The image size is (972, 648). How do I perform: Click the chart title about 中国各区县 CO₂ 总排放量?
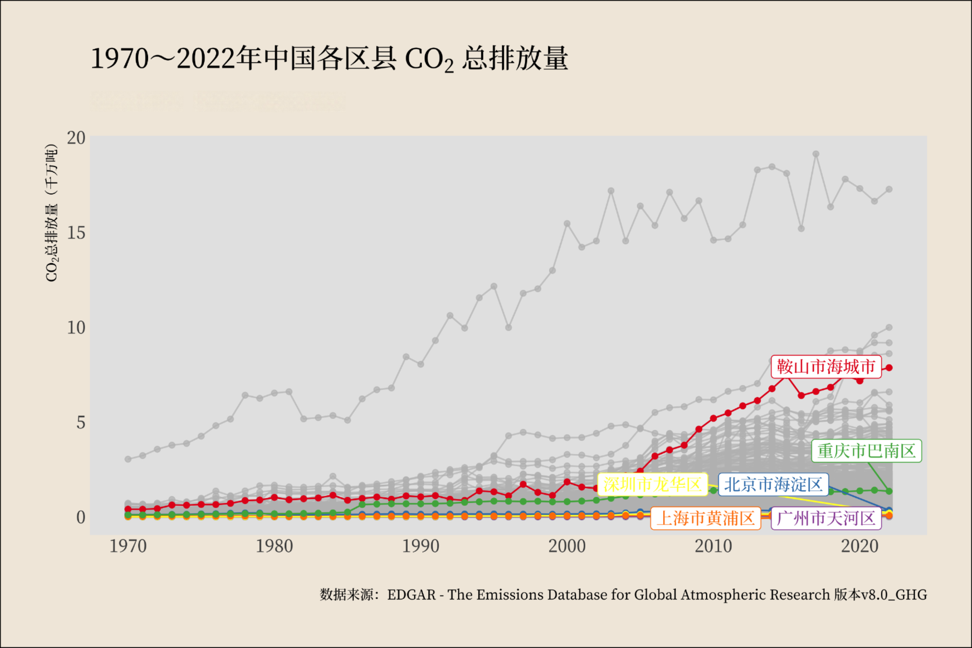pyautogui.click(x=329, y=59)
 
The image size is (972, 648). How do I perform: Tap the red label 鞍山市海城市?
pyautogui.click(x=826, y=366)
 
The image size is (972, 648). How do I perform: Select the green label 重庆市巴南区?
pyautogui.click(x=866, y=451)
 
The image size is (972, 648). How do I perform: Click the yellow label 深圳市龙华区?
pyautogui.click(x=653, y=484)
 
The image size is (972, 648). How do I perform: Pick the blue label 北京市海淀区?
pyautogui.click(x=773, y=484)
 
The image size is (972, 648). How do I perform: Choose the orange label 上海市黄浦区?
pyautogui.click(x=706, y=518)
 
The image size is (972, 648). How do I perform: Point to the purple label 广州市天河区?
pyautogui.click(x=826, y=518)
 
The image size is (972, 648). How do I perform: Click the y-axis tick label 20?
pyautogui.click(x=76, y=138)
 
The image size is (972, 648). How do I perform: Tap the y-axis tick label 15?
pyautogui.click(x=76, y=233)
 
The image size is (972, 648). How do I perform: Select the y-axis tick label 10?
pyautogui.click(x=76, y=328)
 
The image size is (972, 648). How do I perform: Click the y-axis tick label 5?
pyautogui.click(x=81, y=422)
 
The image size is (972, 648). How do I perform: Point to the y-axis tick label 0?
pyautogui.click(x=81, y=517)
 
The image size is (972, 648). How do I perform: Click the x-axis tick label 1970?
pyautogui.click(x=128, y=546)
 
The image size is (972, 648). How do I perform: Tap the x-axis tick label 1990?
pyautogui.click(x=421, y=546)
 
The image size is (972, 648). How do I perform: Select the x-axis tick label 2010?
pyautogui.click(x=713, y=546)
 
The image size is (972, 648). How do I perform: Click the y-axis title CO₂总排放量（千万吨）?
pyautogui.click(x=51, y=213)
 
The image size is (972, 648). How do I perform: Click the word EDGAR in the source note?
pyautogui.click(x=411, y=595)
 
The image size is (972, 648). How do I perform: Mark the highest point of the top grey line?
pyautogui.click(x=816, y=154)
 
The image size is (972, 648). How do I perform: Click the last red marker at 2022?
pyautogui.click(x=889, y=368)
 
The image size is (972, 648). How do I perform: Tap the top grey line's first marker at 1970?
pyautogui.click(x=128, y=459)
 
